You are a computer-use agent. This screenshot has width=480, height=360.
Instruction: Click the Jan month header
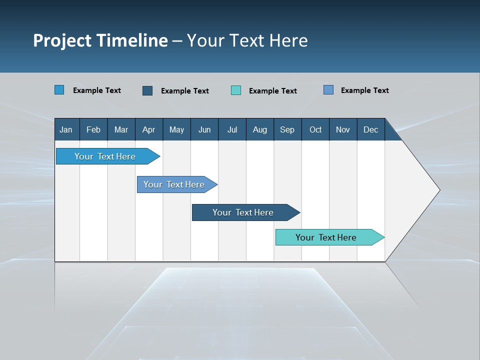(66, 129)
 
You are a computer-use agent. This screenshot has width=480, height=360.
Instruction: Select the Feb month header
(93, 129)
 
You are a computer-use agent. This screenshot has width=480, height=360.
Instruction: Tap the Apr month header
(148, 129)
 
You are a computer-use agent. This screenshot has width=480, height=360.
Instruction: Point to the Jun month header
(204, 129)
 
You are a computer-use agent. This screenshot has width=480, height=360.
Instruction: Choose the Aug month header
(260, 129)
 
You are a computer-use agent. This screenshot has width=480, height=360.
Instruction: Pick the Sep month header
(287, 129)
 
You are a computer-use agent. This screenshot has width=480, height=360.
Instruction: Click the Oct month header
(315, 129)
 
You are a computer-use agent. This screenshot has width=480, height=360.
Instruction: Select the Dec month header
(371, 129)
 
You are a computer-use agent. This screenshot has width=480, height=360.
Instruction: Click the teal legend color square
(236, 90)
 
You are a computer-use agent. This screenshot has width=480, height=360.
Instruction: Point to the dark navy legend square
(147, 90)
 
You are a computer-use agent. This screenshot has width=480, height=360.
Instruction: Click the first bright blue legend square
(59, 90)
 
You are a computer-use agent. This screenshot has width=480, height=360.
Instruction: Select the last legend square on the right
(328, 90)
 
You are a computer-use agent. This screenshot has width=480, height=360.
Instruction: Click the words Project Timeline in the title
(100, 40)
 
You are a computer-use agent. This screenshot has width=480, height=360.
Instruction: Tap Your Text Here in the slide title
(247, 40)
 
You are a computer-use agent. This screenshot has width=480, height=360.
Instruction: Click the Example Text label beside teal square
(273, 91)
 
